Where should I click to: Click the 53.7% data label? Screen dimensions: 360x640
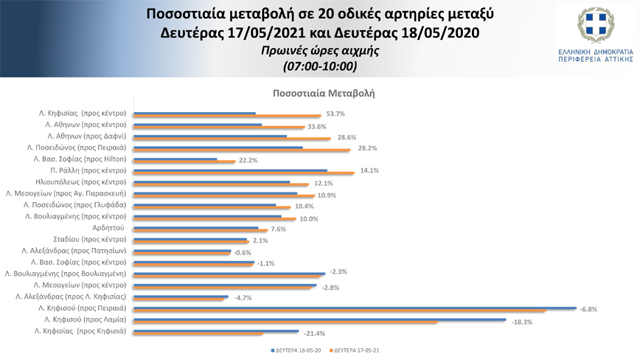coord(335,114)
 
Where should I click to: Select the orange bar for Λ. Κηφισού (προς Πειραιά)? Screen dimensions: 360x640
coord(339,311)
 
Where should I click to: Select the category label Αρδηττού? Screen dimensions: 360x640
coord(111,228)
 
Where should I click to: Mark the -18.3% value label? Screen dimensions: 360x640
coord(522,322)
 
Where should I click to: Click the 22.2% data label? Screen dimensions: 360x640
coord(248,160)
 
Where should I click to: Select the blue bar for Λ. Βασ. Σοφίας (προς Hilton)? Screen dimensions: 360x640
coord(175,159)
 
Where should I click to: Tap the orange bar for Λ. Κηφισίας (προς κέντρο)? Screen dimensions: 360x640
coord(227,117)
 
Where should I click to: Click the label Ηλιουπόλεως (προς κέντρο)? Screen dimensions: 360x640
coord(82,181)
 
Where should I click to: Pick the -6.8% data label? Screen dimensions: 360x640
coord(588,310)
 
